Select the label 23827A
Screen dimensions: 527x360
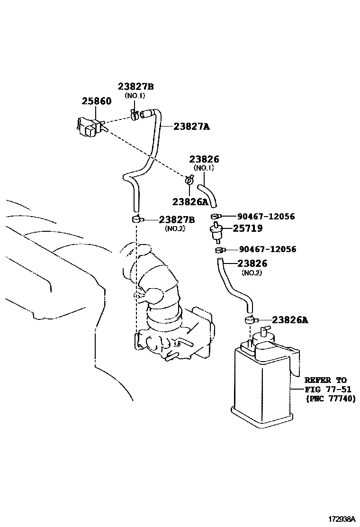click(191, 127)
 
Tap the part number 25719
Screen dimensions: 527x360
click(247, 228)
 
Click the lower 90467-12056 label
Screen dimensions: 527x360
click(268, 249)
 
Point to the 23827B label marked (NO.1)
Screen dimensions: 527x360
click(135, 86)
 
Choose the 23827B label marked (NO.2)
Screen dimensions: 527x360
click(177, 219)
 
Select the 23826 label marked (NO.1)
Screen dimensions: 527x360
click(204, 160)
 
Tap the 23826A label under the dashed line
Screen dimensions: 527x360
click(190, 201)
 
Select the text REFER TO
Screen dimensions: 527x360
click(325, 380)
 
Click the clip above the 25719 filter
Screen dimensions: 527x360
click(216, 217)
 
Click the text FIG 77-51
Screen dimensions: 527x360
click(325, 390)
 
